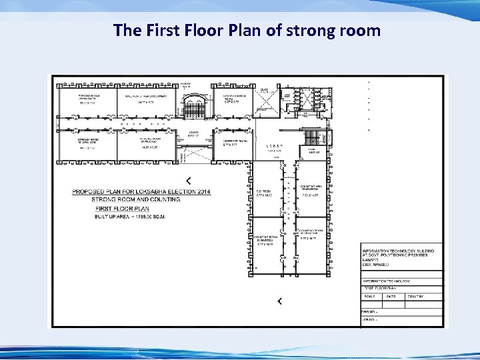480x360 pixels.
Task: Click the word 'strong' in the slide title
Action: click(x=288, y=30)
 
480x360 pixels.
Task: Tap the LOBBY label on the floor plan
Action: click(x=275, y=145)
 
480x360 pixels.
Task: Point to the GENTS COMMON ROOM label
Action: click(x=235, y=97)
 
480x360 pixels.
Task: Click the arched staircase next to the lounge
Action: click(x=194, y=106)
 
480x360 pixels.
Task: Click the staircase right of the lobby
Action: click(x=312, y=138)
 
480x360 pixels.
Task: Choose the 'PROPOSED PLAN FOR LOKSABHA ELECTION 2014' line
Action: click(x=141, y=192)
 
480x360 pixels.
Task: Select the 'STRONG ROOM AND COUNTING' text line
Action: click(x=135, y=200)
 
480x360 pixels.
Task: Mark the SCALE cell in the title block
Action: click(x=370, y=297)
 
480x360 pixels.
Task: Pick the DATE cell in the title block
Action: click(x=391, y=297)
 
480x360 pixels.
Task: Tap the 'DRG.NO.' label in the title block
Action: click(x=369, y=311)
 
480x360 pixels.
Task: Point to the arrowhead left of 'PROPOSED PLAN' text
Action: click(x=189, y=180)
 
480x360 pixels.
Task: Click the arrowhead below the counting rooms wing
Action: click(x=279, y=301)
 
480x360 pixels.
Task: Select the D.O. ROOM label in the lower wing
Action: click(x=264, y=193)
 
